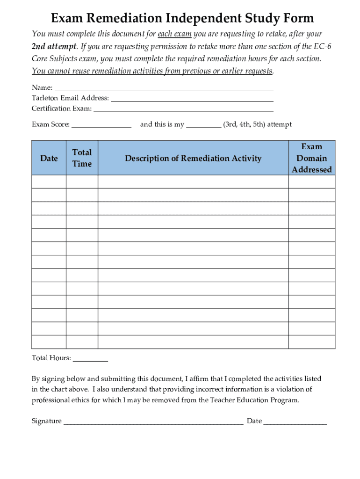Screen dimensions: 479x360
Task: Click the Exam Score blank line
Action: click(101, 125)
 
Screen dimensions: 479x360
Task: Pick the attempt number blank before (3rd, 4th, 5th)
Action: click(203, 125)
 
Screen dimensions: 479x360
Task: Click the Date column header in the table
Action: click(49, 158)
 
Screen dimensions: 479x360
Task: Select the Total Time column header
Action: click(82, 158)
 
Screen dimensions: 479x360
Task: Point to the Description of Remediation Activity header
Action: click(193, 158)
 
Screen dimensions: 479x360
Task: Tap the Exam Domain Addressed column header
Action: click(311, 158)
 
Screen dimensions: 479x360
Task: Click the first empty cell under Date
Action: click(49, 182)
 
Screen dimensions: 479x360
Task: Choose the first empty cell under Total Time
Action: click(82, 182)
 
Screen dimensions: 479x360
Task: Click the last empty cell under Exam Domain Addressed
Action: click(311, 342)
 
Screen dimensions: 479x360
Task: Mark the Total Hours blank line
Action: click(90, 359)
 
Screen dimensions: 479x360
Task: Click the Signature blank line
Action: click(153, 421)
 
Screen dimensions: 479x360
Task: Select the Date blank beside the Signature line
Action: click(295, 421)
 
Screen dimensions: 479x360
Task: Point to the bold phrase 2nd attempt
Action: click(54, 47)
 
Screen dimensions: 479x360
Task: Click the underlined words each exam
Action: click(175, 34)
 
